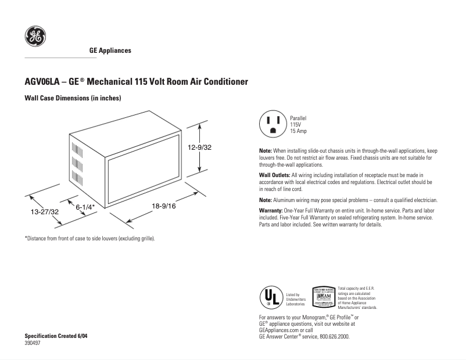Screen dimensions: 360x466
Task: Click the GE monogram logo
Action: click(x=34, y=37)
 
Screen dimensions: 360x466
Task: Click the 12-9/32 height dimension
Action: click(x=199, y=147)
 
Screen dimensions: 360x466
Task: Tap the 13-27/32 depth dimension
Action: click(x=45, y=213)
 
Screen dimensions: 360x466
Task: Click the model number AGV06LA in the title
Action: click(x=43, y=82)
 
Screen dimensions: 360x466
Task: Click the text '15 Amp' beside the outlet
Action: click(x=299, y=132)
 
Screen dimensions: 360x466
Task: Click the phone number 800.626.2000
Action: click(x=331, y=336)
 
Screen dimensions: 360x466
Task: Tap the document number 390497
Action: click(x=33, y=343)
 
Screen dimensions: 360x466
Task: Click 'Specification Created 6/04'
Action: click(x=56, y=336)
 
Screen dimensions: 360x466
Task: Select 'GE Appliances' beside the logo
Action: click(x=110, y=51)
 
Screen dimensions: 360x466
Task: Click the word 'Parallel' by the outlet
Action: click(x=299, y=118)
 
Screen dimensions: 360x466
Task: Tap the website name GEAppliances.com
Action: click(x=280, y=329)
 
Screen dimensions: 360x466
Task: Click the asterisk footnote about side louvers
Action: click(x=89, y=238)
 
